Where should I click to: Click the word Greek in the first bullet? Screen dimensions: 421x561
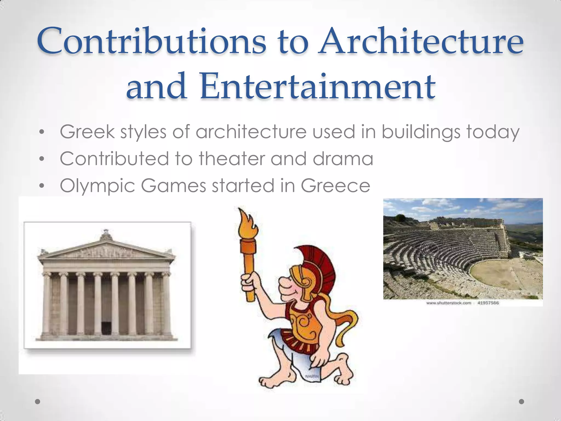(x=87, y=132)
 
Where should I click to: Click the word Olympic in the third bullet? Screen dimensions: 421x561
(x=98, y=186)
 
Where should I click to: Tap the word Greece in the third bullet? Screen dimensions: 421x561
(x=336, y=186)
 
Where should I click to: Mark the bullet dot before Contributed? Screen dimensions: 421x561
(x=41, y=159)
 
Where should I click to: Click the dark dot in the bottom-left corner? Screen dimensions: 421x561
(x=38, y=402)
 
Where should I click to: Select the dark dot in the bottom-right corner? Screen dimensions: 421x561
(x=522, y=402)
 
